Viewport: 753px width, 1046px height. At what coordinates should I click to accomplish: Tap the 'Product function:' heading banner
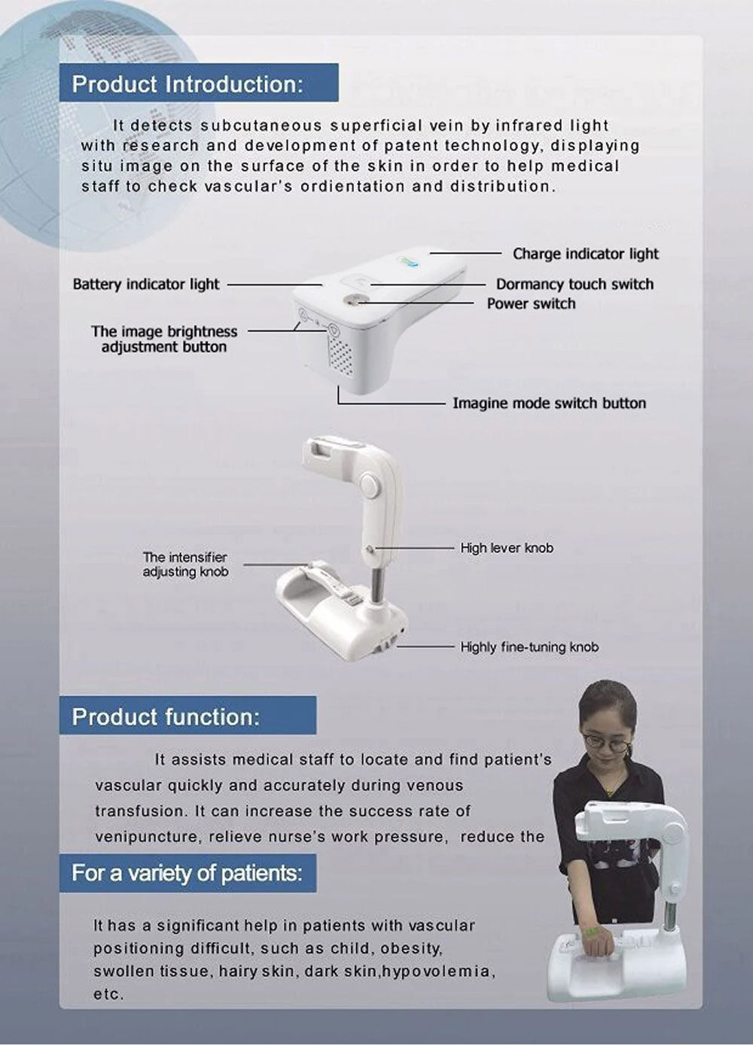click(x=166, y=716)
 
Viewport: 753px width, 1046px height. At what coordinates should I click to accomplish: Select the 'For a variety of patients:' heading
click(x=187, y=874)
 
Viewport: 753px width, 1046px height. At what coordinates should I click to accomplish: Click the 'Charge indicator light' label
click(x=585, y=254)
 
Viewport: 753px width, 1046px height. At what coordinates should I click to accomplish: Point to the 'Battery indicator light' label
click(x=146, y=284)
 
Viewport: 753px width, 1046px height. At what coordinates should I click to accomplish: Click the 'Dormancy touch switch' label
click(x=574, y=284)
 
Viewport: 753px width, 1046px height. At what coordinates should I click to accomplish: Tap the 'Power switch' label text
click(x=531, y=304)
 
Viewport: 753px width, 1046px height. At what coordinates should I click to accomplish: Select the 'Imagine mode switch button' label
click(x=549, y=403)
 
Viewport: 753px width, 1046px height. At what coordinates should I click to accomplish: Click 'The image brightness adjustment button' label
click(x=164, y=339)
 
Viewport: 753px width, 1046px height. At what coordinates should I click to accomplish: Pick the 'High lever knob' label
click(x=506, y=548)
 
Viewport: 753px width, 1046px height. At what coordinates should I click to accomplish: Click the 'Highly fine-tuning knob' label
click(x=529, y=646)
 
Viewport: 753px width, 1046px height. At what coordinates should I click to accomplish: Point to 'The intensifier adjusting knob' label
click(x=185, y=564)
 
